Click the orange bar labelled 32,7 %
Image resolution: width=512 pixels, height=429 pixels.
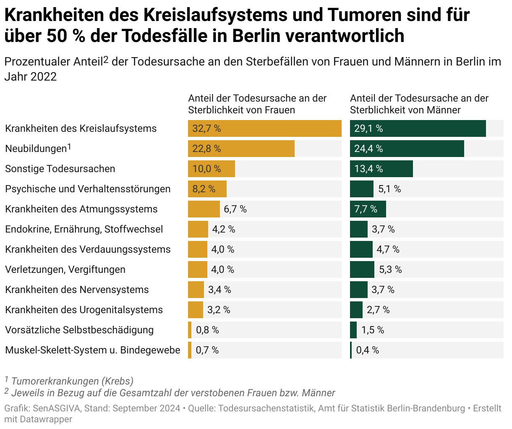pos(264,128)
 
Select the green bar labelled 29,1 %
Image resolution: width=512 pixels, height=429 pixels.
pos(418,128)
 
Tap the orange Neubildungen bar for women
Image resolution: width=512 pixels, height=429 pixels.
pos(241,149)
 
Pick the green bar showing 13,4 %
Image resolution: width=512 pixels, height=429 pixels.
pos(381,169)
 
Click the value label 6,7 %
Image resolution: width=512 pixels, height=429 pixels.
pos(235,209)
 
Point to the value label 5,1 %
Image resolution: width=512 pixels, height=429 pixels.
pos(389,189)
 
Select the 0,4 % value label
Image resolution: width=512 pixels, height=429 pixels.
pos(367,350)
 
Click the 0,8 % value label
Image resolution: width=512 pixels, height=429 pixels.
pos(207,330)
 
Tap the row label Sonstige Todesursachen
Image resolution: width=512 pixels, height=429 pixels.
pos(60,169)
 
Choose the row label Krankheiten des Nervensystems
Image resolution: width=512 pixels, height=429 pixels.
pos(77,290)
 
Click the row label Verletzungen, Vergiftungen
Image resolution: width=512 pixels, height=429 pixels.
pos(65,269)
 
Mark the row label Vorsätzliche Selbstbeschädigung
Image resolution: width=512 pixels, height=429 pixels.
pos(79,330)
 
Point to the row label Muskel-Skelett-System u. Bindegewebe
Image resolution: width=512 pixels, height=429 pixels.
pos(93,350)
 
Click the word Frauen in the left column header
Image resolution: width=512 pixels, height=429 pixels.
pos(280,110)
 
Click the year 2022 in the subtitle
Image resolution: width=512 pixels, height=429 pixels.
pos(43,77)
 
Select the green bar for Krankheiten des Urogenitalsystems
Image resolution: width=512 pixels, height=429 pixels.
pos(356,310)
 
